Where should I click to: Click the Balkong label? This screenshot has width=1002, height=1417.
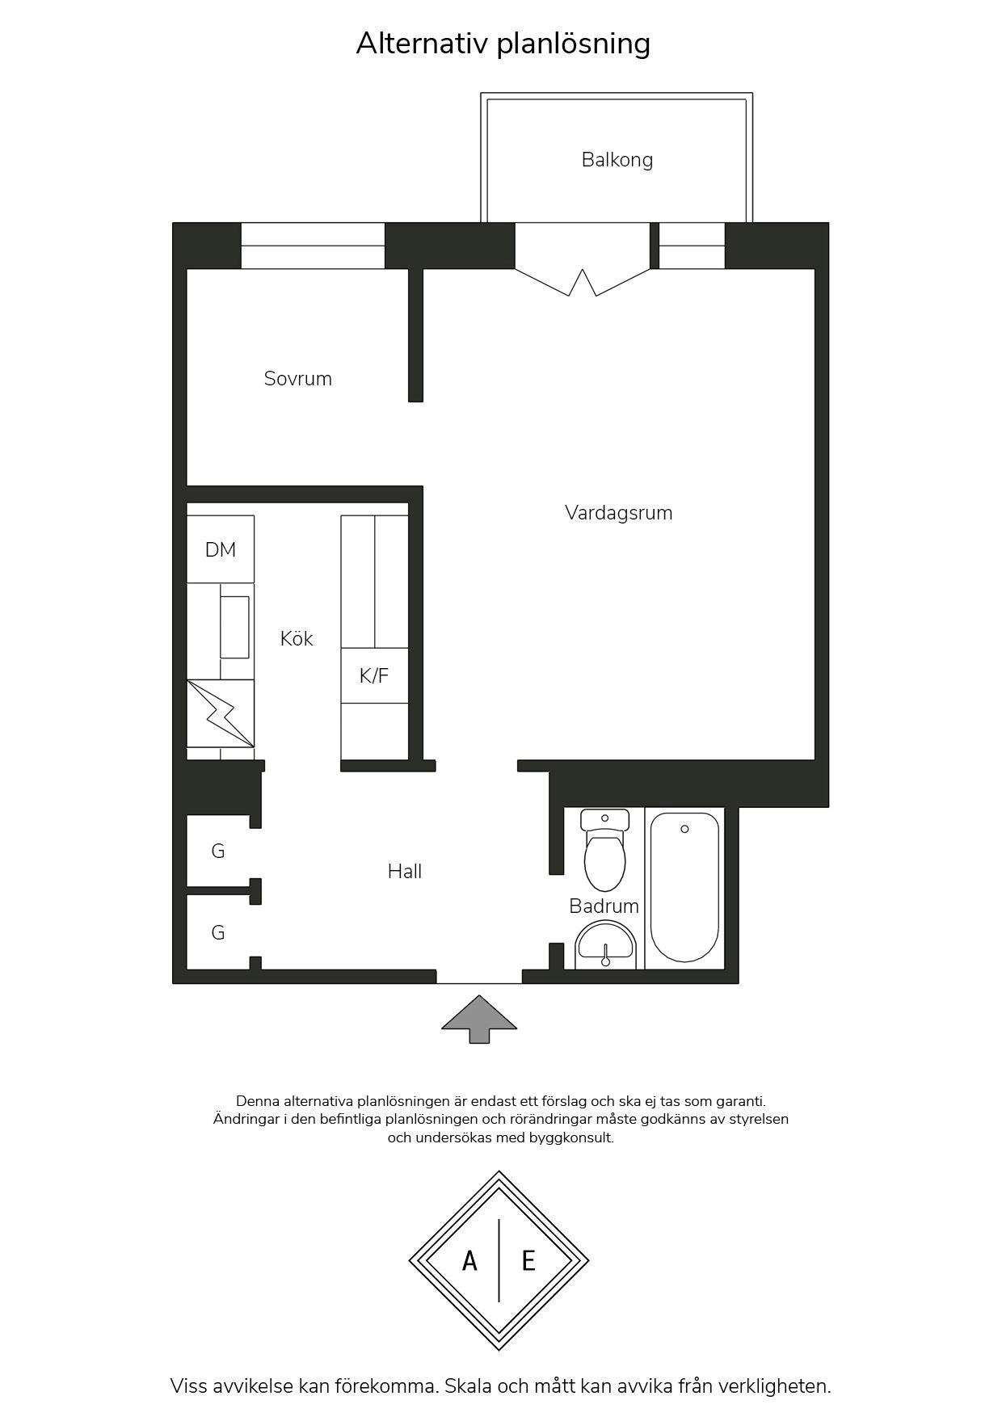pos(617,160)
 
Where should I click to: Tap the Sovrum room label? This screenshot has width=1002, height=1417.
pos(297,379)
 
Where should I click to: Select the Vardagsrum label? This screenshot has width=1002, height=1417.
pos(618,513)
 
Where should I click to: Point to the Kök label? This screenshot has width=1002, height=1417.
pos(297,638)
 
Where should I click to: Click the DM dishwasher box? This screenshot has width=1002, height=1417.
pos(221,549)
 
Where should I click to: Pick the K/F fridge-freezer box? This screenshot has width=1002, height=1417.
pos(374,675)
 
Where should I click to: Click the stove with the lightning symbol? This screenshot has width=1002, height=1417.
pos(221,713)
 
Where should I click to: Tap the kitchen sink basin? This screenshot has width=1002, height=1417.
pos(234,628)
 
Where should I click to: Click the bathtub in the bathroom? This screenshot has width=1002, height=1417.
pos(684,887)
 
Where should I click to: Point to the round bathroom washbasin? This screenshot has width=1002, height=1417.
pos(606,946)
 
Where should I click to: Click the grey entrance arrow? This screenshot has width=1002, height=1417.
pos(479,1019)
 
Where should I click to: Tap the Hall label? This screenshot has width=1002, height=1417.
pos(405,872)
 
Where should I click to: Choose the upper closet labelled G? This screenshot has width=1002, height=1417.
pos(218,851)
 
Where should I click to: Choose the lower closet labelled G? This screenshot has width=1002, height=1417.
pos(218,932)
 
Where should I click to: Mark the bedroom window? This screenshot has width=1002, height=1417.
pos(313,246)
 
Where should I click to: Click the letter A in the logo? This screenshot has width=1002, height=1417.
pos(469,1260)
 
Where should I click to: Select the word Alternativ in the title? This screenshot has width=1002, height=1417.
pos(422,44)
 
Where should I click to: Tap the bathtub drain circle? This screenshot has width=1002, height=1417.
pos(685,829)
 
